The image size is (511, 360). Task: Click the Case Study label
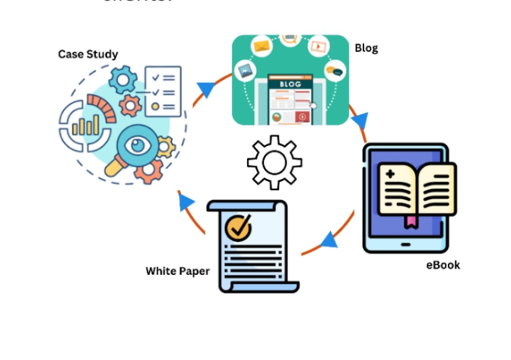[88, 54]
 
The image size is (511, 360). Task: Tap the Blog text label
[366, 48]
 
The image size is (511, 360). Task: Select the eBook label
[443, 265]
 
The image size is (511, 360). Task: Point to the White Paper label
[177, 271]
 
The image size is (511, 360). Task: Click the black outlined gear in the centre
[274, 162]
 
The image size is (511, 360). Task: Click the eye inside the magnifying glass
[138, 144]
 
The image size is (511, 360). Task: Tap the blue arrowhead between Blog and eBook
[359, 121]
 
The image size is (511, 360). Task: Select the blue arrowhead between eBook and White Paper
[329, 241]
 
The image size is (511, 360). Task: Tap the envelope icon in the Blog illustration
[262, 48]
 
